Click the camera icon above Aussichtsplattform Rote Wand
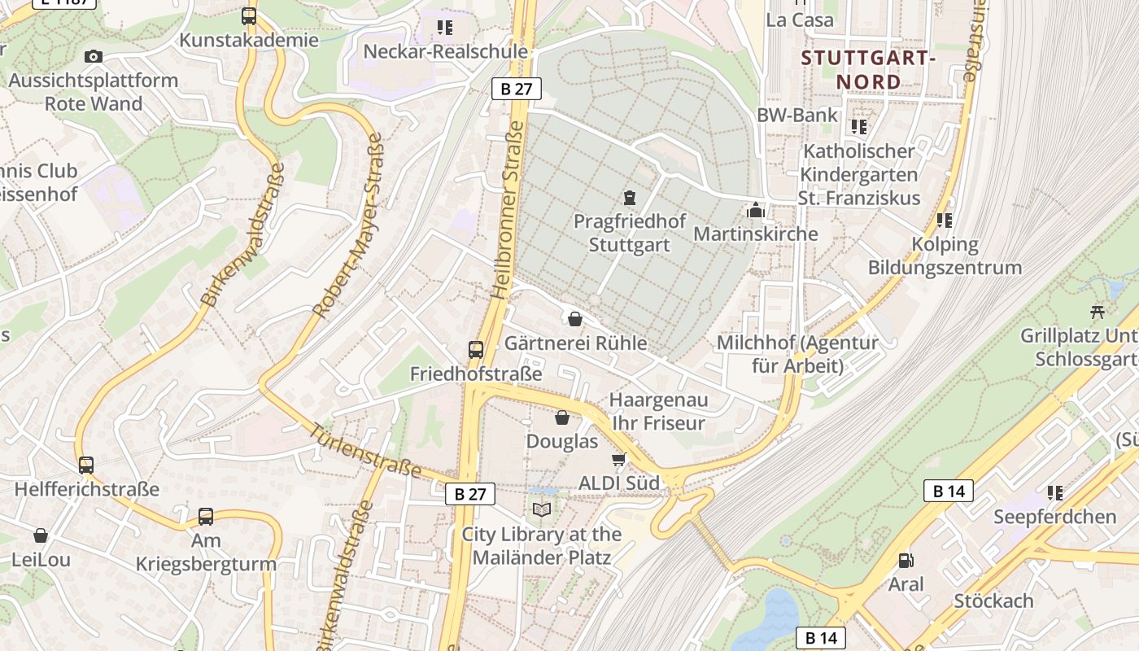(x=94, y=56)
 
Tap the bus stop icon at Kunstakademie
(x=249, y=16)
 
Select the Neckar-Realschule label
(x=445, y=51)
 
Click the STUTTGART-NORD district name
(x=869, y=70)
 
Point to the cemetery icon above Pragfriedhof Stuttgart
(x=629, y=197)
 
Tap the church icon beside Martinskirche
(x=756, y=211)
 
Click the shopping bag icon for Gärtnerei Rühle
(x=575, y=319)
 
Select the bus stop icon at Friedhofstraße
(x=476, y=350)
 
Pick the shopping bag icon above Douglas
(x=561, y=417)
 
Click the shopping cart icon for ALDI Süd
(x=619, y=460)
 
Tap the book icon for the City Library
(x=541, y=510)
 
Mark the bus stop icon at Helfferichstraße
(x=86, y=465)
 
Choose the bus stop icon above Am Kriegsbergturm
(x=206, y=517)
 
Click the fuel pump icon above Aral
(x=906, y=561)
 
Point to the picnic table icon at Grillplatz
(x=1098, y=312)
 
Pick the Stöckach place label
(x=993, y=601)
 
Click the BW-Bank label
(x=797, y=115)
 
